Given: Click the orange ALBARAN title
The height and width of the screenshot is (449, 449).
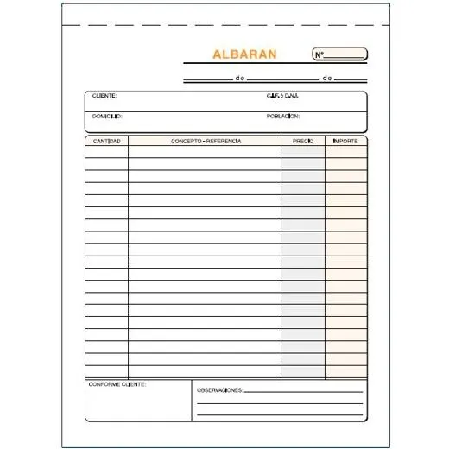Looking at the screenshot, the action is point(244,54).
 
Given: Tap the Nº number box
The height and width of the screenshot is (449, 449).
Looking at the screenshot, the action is point(340,55).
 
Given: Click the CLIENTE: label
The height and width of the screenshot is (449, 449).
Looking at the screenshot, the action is point(104,96).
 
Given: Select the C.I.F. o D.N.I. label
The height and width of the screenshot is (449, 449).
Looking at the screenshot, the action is point(282,96).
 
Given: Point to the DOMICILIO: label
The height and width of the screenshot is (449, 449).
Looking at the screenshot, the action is point(107,115).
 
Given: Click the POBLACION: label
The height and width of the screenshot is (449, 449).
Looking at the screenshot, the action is point(283,115).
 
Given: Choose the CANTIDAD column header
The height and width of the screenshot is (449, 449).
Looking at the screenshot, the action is point(107,140).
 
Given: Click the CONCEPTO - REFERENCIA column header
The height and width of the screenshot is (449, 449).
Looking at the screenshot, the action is point(206,140).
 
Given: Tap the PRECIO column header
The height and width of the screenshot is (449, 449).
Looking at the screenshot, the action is point(303,140).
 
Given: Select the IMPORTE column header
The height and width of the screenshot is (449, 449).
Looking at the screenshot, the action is point(345,140).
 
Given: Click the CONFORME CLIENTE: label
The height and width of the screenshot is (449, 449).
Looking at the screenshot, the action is point(117,383).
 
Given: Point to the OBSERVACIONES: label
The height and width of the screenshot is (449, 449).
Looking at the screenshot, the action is point(219,390).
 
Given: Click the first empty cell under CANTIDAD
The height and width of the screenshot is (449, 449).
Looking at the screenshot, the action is point(107,152).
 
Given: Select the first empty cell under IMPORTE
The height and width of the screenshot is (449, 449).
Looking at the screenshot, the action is point(345,152).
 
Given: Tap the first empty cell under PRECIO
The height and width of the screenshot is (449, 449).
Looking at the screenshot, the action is point(303,152).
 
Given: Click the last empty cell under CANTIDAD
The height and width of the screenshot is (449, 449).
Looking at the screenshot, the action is point(107,372).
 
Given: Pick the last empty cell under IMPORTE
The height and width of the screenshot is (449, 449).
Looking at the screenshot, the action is point(345,372).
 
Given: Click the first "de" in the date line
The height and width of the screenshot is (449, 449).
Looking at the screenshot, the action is point(238,78).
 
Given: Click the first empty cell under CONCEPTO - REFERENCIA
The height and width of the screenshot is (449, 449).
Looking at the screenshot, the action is point(206,152).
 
